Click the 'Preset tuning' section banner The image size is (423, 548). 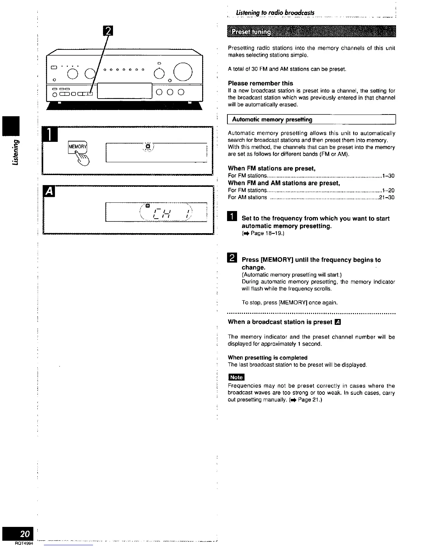pos(311,31)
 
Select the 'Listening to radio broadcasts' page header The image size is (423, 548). pos(275,13)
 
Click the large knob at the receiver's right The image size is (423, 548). pos(183,71)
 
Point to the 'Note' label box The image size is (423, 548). pos(236,377)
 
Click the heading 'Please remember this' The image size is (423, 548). pos(260,83)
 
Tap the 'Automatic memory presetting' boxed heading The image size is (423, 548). pos(272,120)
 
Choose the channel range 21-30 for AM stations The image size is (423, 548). pos(387,198)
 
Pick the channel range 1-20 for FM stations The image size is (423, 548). pos(389,190)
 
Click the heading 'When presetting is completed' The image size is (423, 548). pos(267,358)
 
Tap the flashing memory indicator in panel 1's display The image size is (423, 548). pos(148,147)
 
